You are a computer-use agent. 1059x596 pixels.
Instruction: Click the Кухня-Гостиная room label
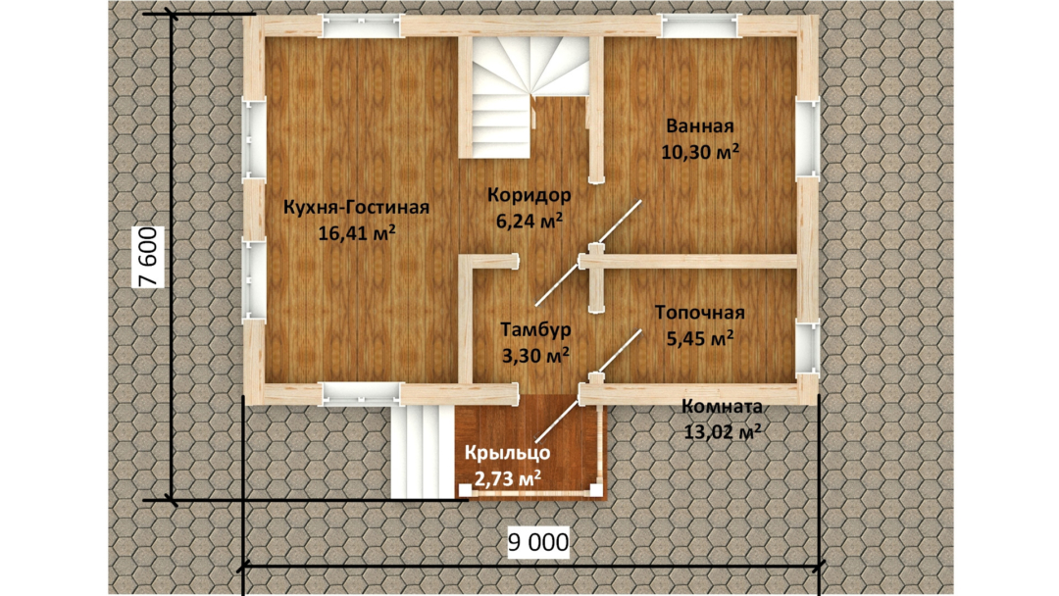[x=356, y=207]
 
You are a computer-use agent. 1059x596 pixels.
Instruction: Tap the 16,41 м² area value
[x=357, y=233]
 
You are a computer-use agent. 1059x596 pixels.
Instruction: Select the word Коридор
[x=529, y=195]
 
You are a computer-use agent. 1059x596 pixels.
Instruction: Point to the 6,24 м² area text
[x=529, y=221]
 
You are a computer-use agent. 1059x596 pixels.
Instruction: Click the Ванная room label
[x=700, y=126]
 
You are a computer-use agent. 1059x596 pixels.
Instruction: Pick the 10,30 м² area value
[x=700, y=152]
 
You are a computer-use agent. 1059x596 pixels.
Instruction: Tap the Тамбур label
[x=535, y=329]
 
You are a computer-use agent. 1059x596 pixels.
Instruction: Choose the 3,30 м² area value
[x=535, y=354]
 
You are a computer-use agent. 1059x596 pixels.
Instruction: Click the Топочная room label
[x=700, y=313]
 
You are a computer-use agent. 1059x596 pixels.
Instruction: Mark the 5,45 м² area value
[x=700, y=338]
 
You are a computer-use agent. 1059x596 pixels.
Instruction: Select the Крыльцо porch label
[x=507, y=453]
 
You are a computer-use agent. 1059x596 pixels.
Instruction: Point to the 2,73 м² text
[x=507, y=478]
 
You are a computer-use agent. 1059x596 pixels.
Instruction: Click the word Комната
[x=722, y=407]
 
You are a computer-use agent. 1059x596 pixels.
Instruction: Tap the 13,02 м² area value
[x=722, y=432]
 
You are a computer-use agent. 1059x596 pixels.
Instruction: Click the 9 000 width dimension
[x=538, y=542]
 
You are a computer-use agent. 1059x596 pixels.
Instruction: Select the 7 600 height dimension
[x=148, y=257]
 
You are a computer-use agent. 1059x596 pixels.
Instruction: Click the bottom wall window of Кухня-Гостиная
[x=361, y=393]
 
